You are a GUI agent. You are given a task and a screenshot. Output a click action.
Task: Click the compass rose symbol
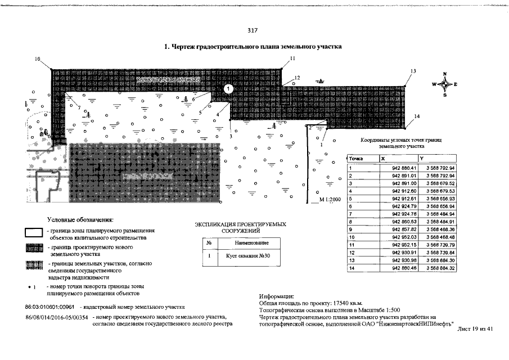tap(444, 84)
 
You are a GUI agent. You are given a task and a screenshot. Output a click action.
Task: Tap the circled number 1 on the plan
tap(228, 89)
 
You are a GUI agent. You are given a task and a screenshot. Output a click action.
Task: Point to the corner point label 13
tap(413, 71)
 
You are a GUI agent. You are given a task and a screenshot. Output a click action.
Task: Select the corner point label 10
tap(38, 59)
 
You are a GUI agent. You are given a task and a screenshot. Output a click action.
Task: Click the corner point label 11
tap(292, 58)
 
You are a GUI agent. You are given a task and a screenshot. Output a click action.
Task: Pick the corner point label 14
tap(417, 116)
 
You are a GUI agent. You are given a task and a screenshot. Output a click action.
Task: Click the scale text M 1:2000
tap(330, 200)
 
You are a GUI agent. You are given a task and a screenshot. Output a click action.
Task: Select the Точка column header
tap(357, 159)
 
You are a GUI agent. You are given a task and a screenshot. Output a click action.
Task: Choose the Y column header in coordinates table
tap(429, 159)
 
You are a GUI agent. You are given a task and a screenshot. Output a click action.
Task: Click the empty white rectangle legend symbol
tap(35, 233)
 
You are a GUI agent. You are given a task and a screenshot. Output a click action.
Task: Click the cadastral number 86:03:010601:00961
tap(50, 307)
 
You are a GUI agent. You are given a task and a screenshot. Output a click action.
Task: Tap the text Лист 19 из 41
tap(475, 329)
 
